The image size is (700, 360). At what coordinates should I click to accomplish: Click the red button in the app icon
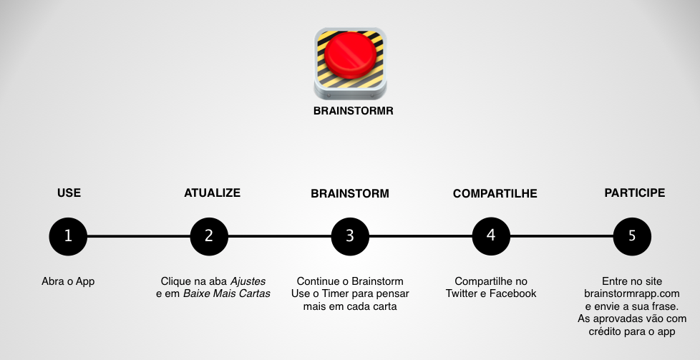pos(350,55)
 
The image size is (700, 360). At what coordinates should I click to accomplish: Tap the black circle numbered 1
pos(68,235)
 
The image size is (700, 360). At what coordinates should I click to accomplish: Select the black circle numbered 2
pos(209,235)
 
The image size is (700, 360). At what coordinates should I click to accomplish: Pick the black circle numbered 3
pos(350,235)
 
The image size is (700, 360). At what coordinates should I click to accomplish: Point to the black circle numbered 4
pos(491,235)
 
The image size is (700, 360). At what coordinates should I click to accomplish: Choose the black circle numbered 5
pos(632,235)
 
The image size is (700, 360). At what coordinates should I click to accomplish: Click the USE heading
pos(69,193)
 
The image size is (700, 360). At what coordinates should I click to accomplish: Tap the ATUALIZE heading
pos(212,193)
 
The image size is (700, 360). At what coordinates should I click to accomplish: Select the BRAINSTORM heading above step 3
pos(350,194)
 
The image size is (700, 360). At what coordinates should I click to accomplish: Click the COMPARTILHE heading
pos(495,194)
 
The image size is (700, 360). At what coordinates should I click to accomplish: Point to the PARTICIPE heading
pos(634,193)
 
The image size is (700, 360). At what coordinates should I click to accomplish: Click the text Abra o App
pos(68,281)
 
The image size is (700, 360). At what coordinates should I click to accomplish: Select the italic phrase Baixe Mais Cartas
pos(226,293)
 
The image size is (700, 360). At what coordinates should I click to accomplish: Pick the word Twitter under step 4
pos(462,293)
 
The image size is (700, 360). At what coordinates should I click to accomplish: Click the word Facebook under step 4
pos(512,293)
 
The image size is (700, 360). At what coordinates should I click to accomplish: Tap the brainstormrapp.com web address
pos(631,293)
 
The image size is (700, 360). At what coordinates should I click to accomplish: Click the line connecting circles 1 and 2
pos(138,235)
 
